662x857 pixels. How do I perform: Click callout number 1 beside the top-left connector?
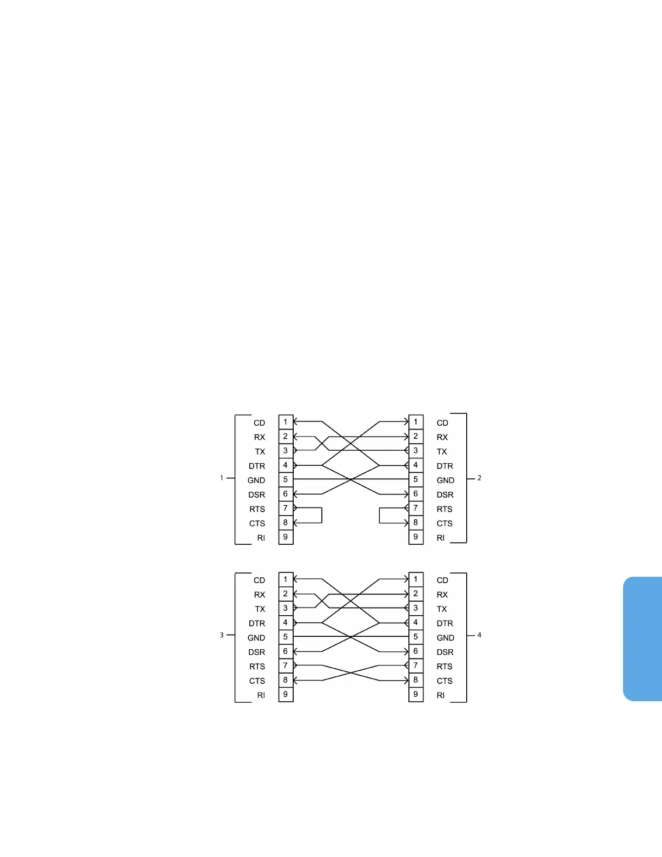221,478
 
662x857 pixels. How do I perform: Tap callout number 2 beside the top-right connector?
479,478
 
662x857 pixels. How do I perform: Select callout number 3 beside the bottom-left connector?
221,635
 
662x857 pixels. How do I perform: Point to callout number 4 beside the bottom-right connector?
479,635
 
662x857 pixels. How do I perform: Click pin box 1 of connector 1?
286,422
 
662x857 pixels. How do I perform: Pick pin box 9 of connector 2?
415,537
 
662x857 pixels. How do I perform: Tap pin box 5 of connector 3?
286,637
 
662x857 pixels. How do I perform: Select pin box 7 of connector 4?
415,665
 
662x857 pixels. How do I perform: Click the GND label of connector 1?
256,480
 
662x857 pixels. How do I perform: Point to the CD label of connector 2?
442,423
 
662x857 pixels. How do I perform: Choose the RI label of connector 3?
261,695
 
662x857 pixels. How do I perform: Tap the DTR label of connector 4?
445,623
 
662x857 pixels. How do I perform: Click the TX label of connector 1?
260,452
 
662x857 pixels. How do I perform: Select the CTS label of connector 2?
445,524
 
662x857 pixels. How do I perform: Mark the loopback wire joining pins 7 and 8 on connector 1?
322,516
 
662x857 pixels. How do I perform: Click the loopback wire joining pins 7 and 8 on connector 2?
380,516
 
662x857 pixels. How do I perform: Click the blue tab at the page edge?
643,639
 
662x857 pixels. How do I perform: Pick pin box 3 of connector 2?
415,451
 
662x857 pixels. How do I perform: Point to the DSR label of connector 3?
257,652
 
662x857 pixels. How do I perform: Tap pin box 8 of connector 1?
286,523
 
